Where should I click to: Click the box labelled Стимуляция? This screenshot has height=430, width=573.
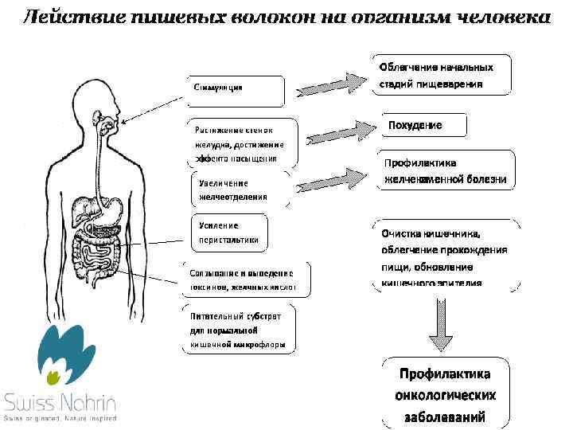pos(236,91)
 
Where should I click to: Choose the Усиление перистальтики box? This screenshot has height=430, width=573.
pos(229,233)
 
